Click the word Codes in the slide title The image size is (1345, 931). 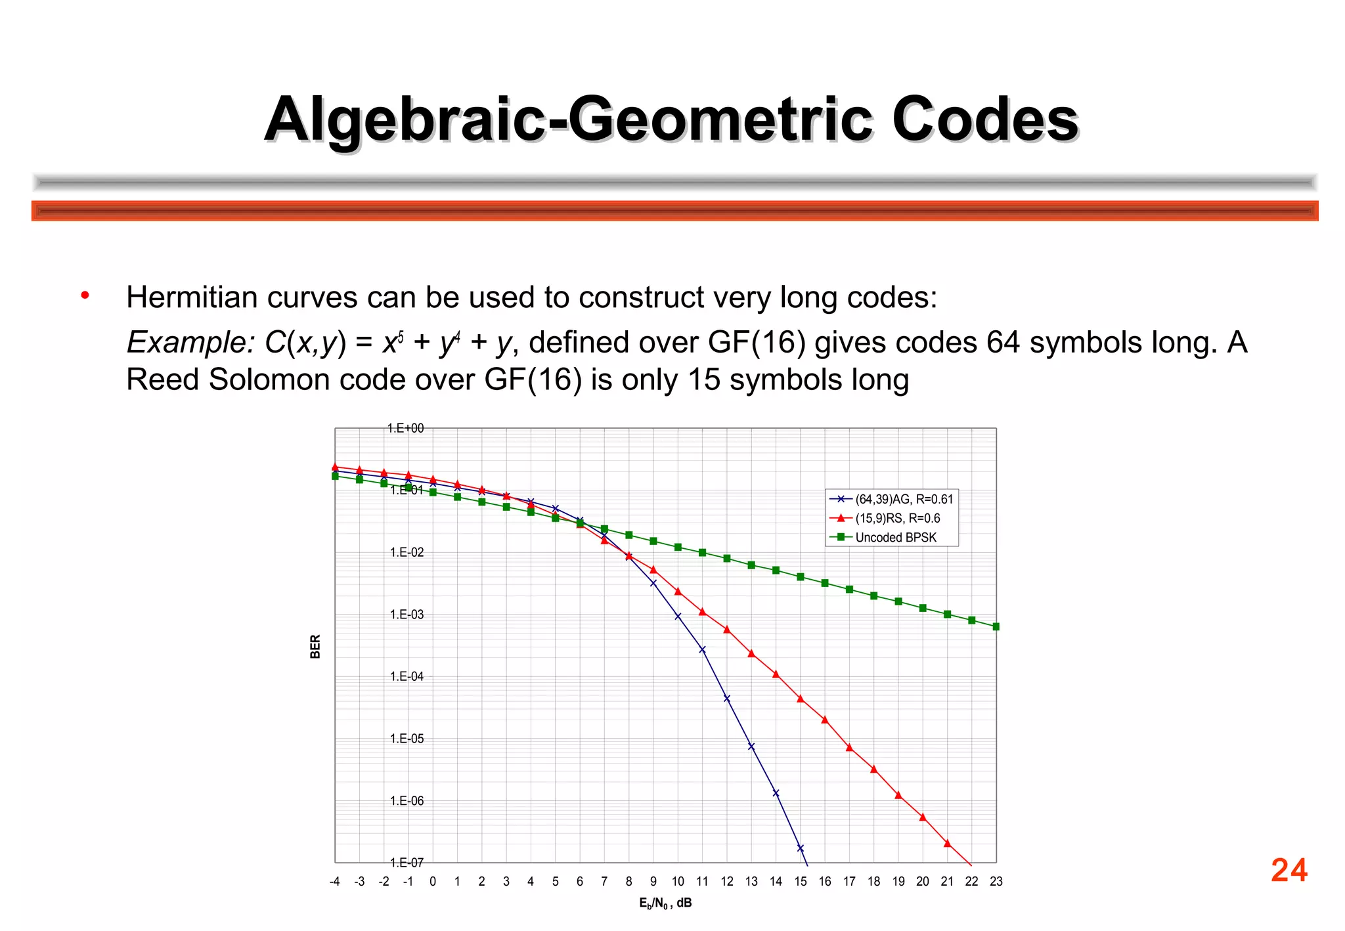coord(985,119)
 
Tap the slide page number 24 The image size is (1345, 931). coord(1289,870)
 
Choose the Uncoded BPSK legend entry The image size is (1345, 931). coord(896,537)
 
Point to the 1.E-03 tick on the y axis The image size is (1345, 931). coord(407,615)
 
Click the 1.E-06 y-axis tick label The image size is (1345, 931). coord(407,801)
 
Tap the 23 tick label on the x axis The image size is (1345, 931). coord(996,882)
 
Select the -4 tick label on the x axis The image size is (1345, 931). coord(334,882)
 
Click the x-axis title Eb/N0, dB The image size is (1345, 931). coord(665,903)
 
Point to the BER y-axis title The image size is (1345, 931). coord(315,647)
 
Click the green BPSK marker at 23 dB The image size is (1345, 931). coord(996,627)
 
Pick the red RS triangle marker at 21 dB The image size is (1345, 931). coord(947,844)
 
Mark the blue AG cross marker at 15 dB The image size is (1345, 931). coord(800,848)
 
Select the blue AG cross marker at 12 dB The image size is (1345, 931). coord(727,699)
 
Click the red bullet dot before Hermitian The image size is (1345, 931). coord(85,296)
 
